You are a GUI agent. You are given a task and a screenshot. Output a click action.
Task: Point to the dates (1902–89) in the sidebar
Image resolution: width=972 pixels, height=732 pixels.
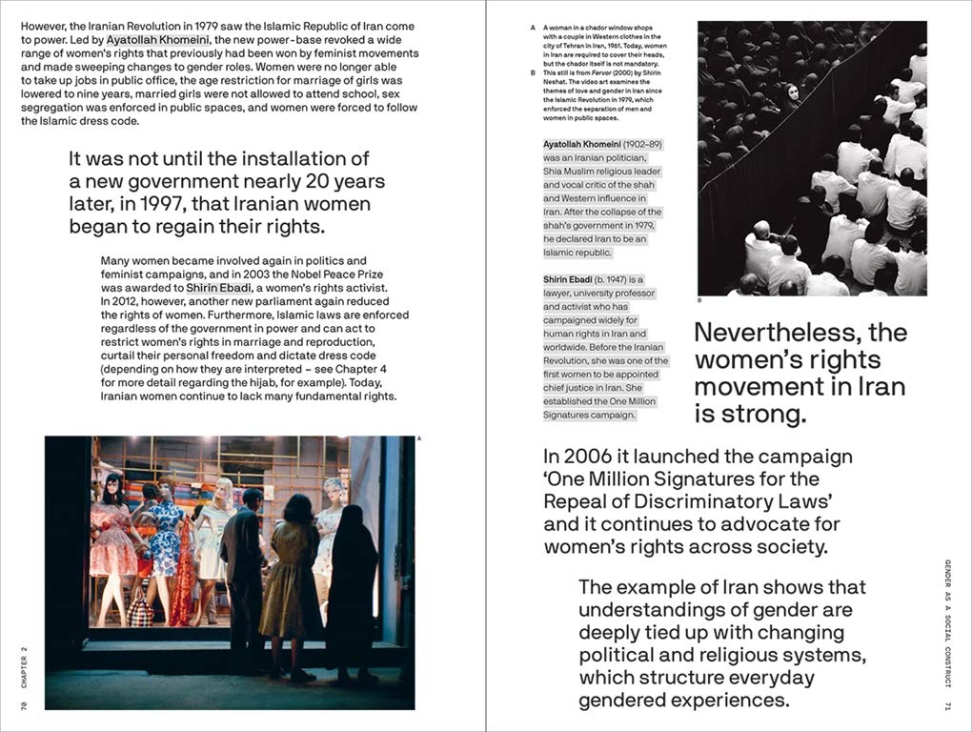click(x=643, y=144)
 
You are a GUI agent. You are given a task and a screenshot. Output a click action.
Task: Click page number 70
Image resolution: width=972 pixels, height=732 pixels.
click(x=22, y=704)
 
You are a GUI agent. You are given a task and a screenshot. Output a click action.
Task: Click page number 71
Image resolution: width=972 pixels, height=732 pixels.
click(x=948, y=704)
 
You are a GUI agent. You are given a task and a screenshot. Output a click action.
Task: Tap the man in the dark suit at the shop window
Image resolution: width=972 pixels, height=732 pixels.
click(x=244, y=572)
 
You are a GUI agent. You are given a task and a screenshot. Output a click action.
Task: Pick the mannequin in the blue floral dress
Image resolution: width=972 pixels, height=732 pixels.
click(x=168, y=539)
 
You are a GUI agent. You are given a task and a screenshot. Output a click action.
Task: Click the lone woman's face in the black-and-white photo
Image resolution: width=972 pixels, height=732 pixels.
click(x=791, y=92)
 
